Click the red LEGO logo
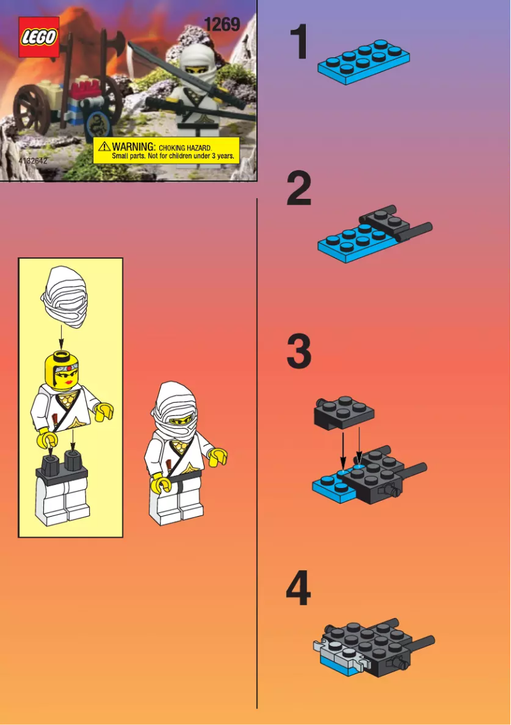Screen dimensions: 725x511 [x=39, y=37]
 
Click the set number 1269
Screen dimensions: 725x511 [x=222, y=25]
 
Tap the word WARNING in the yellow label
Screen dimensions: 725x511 [x=134, y=147]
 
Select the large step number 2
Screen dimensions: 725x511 [x=299, y=189]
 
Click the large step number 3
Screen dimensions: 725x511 [x=299, y=352]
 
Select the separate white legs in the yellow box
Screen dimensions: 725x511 [x=62, y=499]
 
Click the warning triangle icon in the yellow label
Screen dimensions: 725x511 [x=104, y=147]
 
